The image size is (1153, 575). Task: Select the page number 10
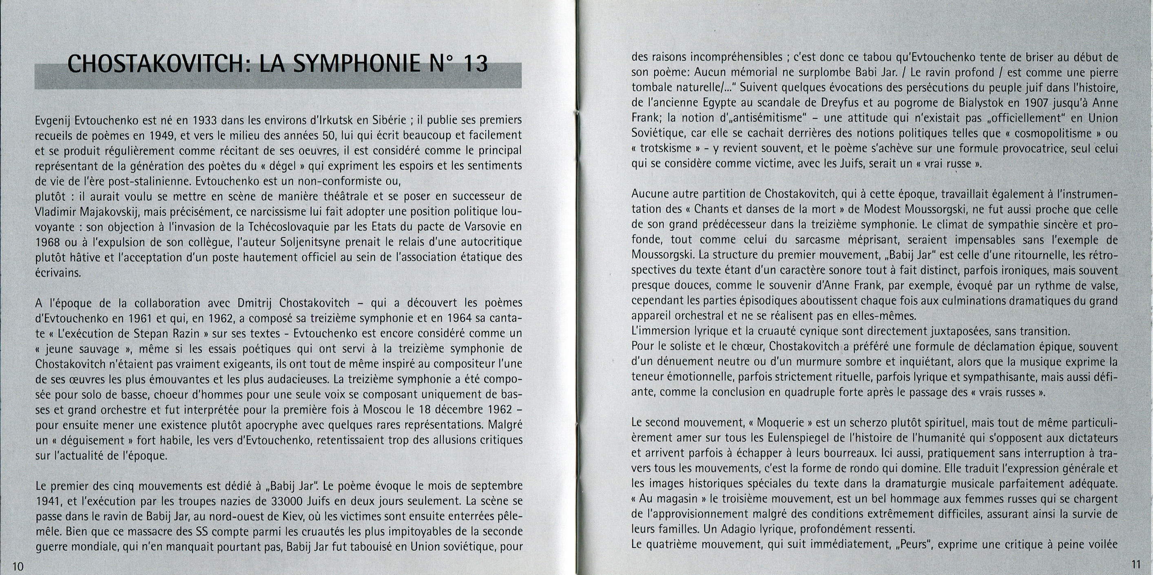18,566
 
